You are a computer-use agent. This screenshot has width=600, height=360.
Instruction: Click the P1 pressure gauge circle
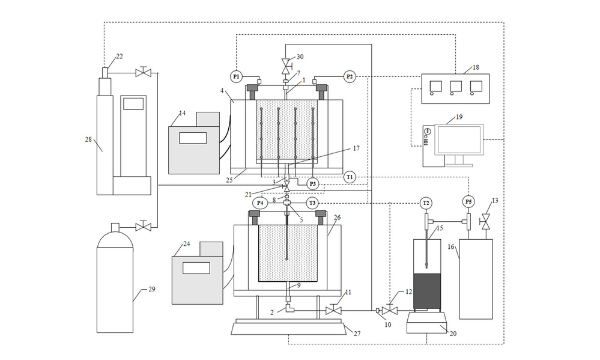(x=237, y=76)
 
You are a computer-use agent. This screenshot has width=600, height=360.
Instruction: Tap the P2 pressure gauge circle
(x=350, y=76)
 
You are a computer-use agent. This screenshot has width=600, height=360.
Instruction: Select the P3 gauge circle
(x=313, y=184)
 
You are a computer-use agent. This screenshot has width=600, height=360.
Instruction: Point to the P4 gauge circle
(x=260, y=203)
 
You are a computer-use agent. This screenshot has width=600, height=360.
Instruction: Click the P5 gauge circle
(x=468, y=201)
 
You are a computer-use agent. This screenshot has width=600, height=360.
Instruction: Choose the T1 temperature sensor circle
(x=350, y=177)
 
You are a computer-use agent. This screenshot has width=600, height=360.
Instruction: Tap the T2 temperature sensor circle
(x=425, y=203)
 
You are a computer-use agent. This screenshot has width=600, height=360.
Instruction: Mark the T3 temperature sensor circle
(x=312, y=203)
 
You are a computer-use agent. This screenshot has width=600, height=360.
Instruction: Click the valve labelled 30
(x=286, y=66)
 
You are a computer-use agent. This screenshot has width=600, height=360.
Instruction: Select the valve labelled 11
(x=333, y=310)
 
